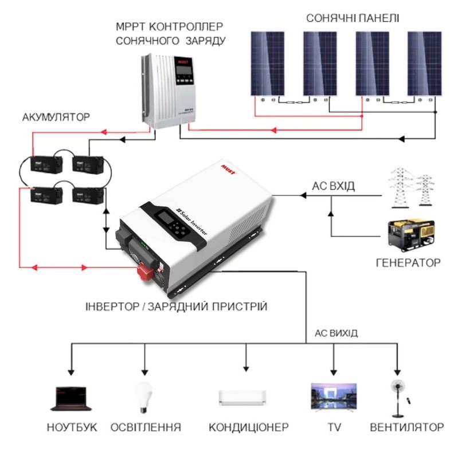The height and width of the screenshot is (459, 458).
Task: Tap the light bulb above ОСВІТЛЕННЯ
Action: coord(143,395)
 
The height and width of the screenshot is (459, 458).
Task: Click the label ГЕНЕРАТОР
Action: coord(408,263)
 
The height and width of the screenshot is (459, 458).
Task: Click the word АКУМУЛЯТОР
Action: coord(56,117)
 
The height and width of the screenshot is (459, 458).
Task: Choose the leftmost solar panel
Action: coord(267,63)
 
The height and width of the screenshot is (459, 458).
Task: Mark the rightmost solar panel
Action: coord(424,63)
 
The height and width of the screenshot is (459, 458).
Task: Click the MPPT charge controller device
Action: coord(172,91)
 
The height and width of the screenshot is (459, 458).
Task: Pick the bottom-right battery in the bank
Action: coord(88,196)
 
